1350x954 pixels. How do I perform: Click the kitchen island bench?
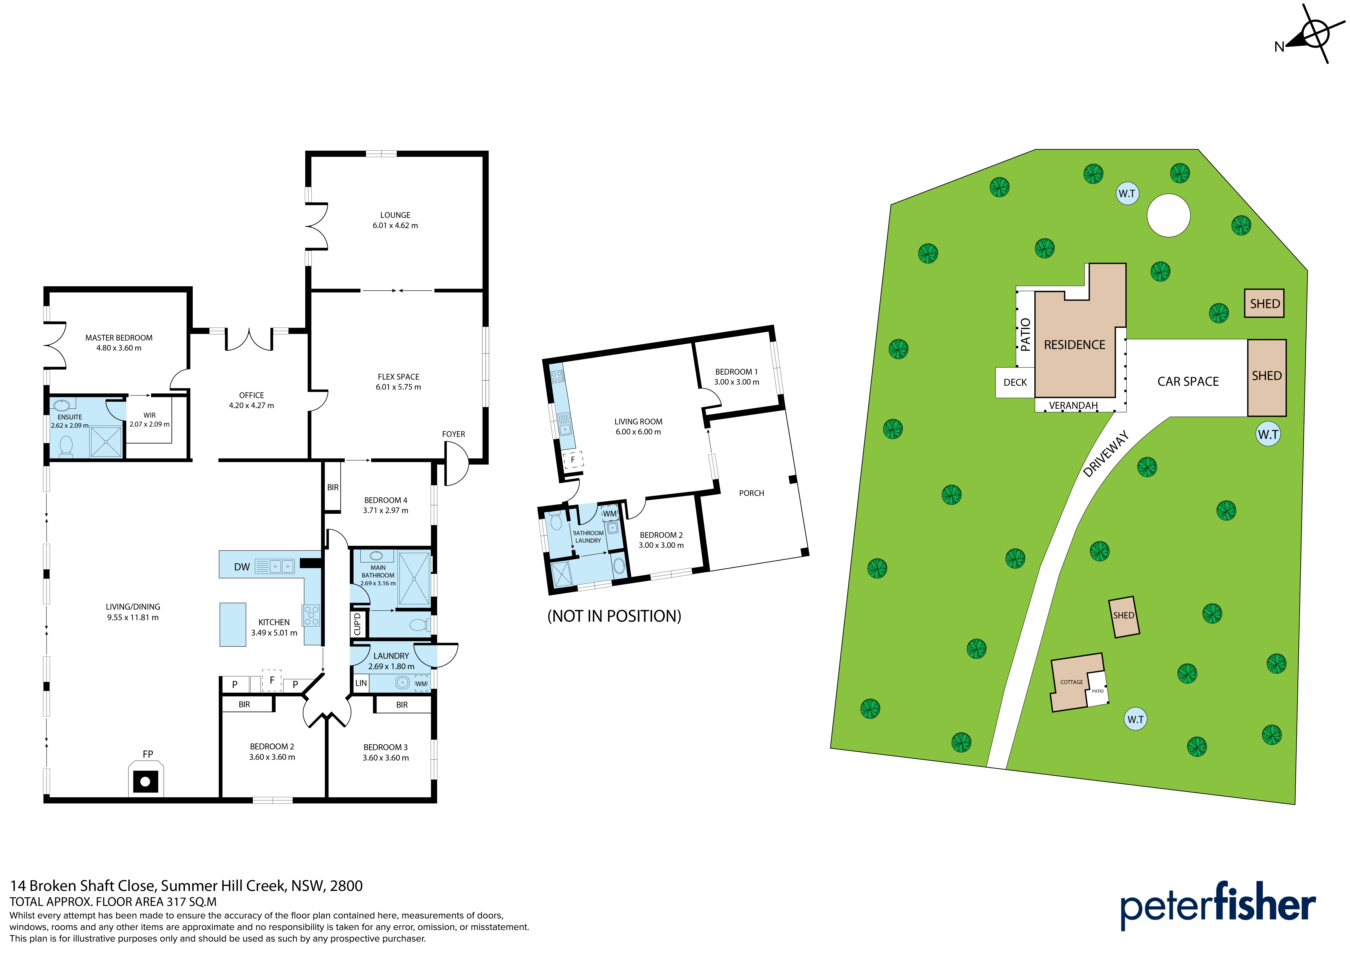click(233, 624)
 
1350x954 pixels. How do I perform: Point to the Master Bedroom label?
click(119, 338)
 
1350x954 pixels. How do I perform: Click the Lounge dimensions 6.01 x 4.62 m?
click(395, 226)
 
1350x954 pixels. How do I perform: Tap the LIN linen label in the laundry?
click(361, 683)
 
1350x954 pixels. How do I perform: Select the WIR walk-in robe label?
click(149, 415)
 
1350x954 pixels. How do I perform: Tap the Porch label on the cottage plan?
click(751, 493)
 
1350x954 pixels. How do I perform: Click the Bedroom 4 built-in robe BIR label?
click(333, 487)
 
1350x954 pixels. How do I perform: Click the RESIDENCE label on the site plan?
click(1074, 345)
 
